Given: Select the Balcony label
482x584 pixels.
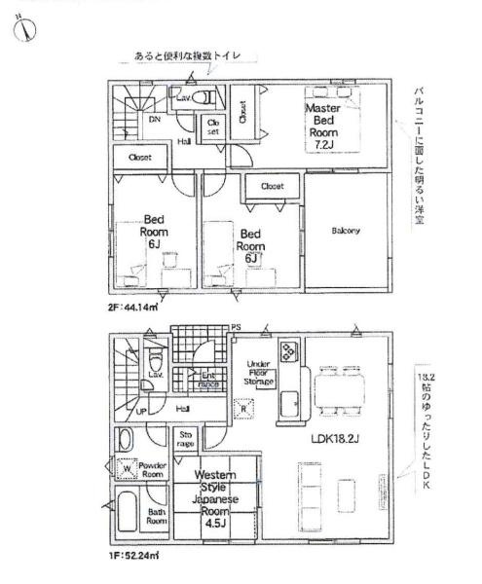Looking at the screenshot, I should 346,231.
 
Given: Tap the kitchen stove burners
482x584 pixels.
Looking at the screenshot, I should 289,351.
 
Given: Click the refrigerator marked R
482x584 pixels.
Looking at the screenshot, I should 244,409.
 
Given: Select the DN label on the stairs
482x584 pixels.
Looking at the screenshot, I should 155,121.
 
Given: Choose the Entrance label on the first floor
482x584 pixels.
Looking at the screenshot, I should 207,381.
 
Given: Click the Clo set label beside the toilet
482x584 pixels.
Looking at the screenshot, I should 215,127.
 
